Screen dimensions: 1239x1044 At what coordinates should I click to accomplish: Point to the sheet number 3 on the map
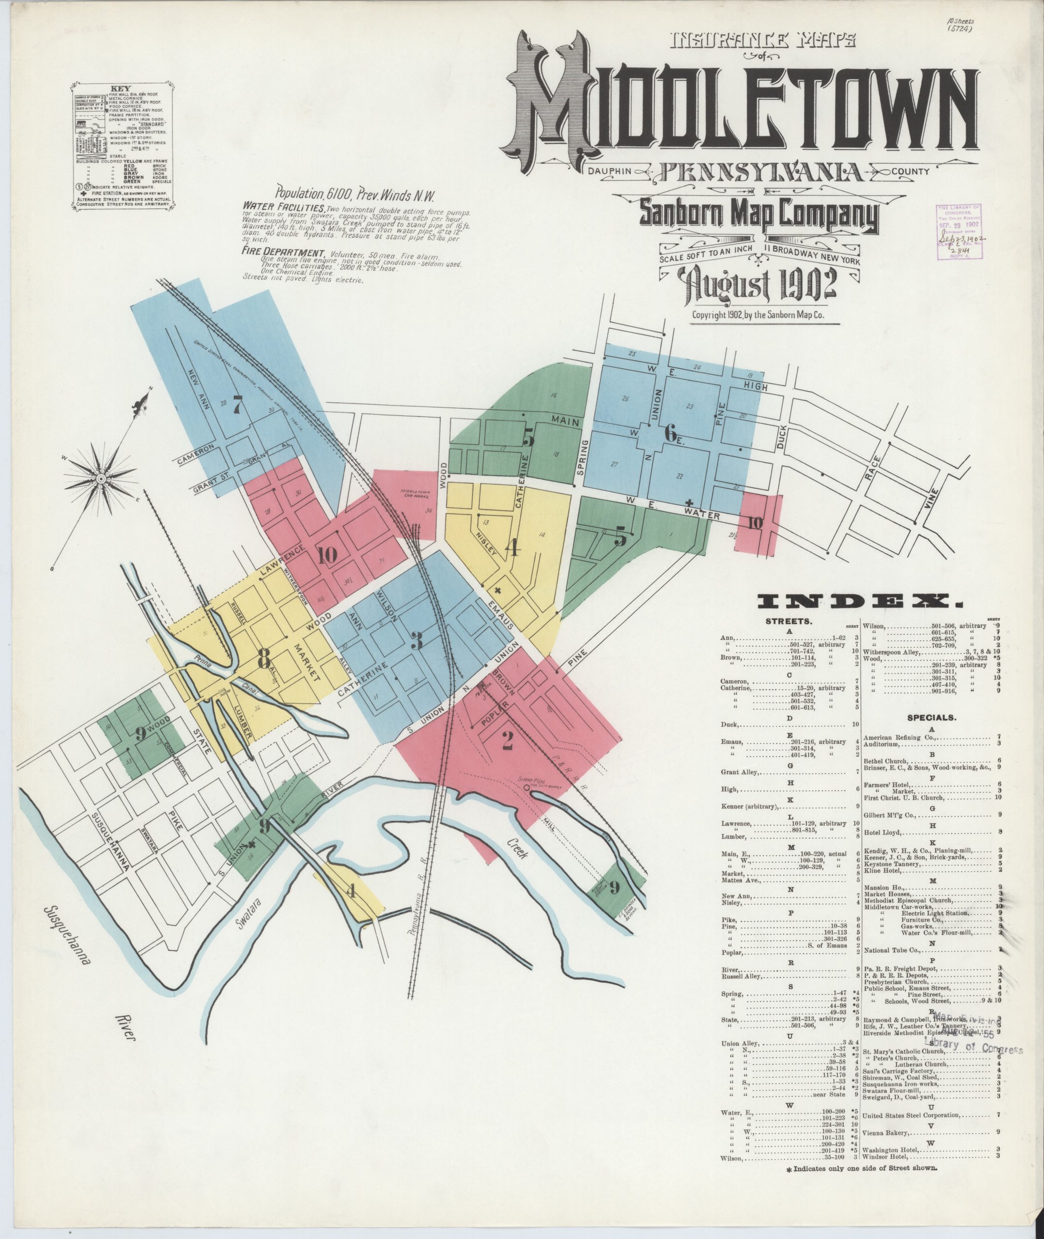pyautogui.click(x=417, y=640)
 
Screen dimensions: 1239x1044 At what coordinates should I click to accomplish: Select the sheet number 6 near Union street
pyautogui.click(x=670, y=433)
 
